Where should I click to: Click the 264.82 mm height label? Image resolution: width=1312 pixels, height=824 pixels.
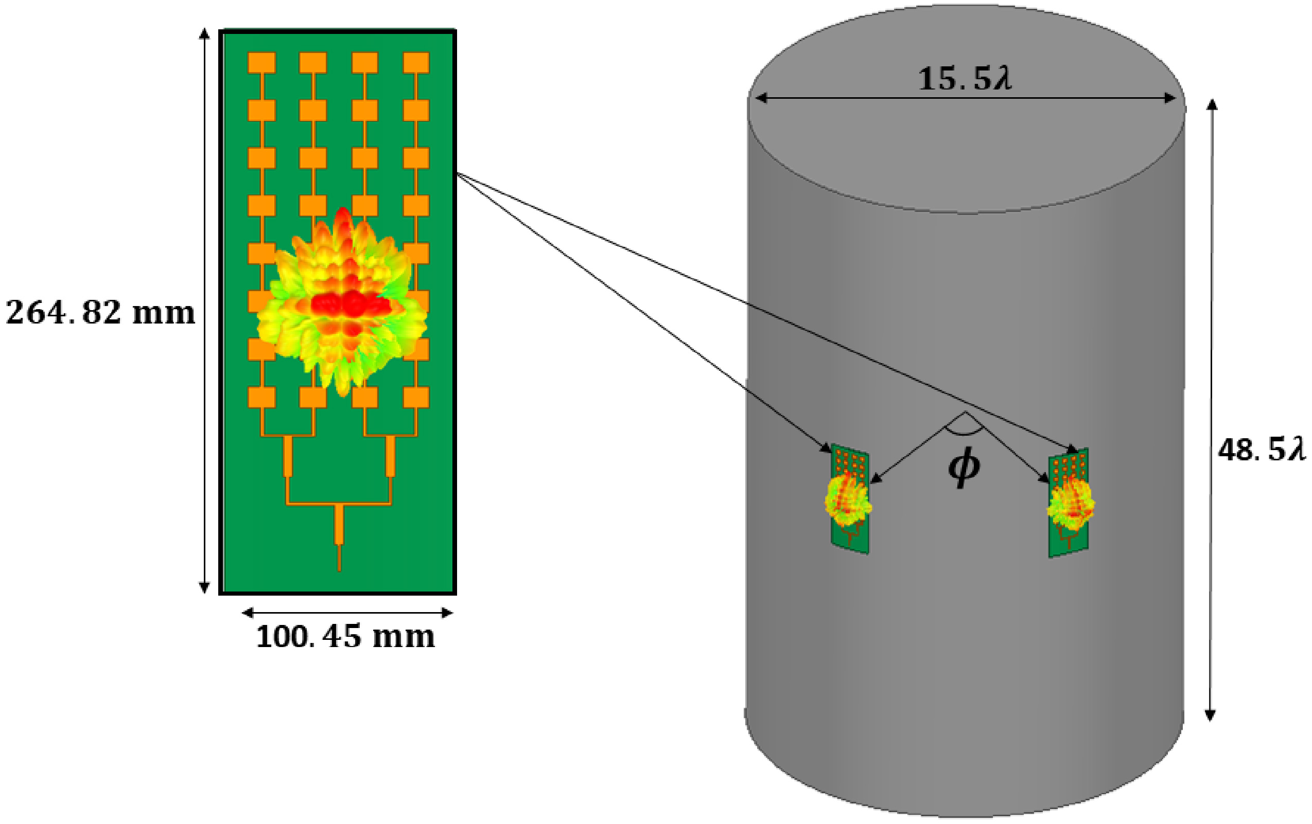(100, 313)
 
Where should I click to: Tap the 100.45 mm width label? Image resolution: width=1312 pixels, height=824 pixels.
(345, 636)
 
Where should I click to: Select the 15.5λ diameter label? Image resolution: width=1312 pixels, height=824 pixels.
(965, 79)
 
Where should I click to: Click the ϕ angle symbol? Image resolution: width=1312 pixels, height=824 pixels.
(964, 467)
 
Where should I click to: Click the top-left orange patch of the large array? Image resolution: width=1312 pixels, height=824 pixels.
(261, 63)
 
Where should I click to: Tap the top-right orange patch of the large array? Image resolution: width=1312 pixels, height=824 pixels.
(416, 63)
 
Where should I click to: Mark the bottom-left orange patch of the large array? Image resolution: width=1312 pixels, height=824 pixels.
(261, 397)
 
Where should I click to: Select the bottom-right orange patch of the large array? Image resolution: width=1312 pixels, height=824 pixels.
(416, 397)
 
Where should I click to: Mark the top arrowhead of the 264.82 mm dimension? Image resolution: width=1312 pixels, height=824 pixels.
(204, 34)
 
